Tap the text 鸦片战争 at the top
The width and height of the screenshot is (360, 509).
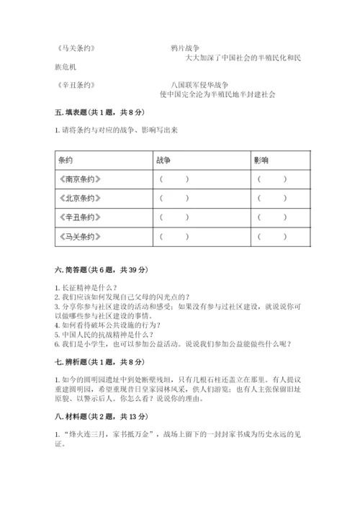point(185,48)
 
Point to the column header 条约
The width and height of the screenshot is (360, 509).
point(66,161)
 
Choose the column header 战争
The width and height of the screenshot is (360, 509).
point(162,161)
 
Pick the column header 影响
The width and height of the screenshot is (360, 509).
point(261,161)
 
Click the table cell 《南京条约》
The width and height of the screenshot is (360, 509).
point(78,179)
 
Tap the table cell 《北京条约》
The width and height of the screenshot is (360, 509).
point(78,198)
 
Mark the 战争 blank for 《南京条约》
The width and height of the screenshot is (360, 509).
point(174,179)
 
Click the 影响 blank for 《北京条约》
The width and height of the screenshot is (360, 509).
point(271,198)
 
